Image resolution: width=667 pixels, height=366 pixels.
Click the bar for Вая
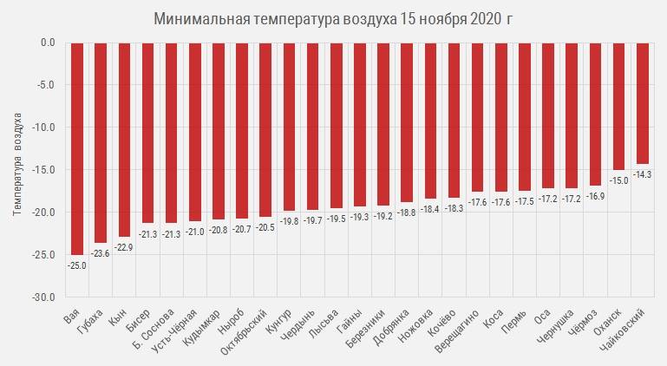coord(77,147)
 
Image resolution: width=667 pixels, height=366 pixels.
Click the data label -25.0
coord(77,265)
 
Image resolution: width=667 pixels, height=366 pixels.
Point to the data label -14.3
coord(643,174)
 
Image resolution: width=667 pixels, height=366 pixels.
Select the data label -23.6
coord(101,253)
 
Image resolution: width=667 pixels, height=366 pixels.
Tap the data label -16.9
coord(595,197)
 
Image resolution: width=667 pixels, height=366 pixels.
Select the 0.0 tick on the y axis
coord(47,42)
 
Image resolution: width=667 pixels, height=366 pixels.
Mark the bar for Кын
coord(124,139)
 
